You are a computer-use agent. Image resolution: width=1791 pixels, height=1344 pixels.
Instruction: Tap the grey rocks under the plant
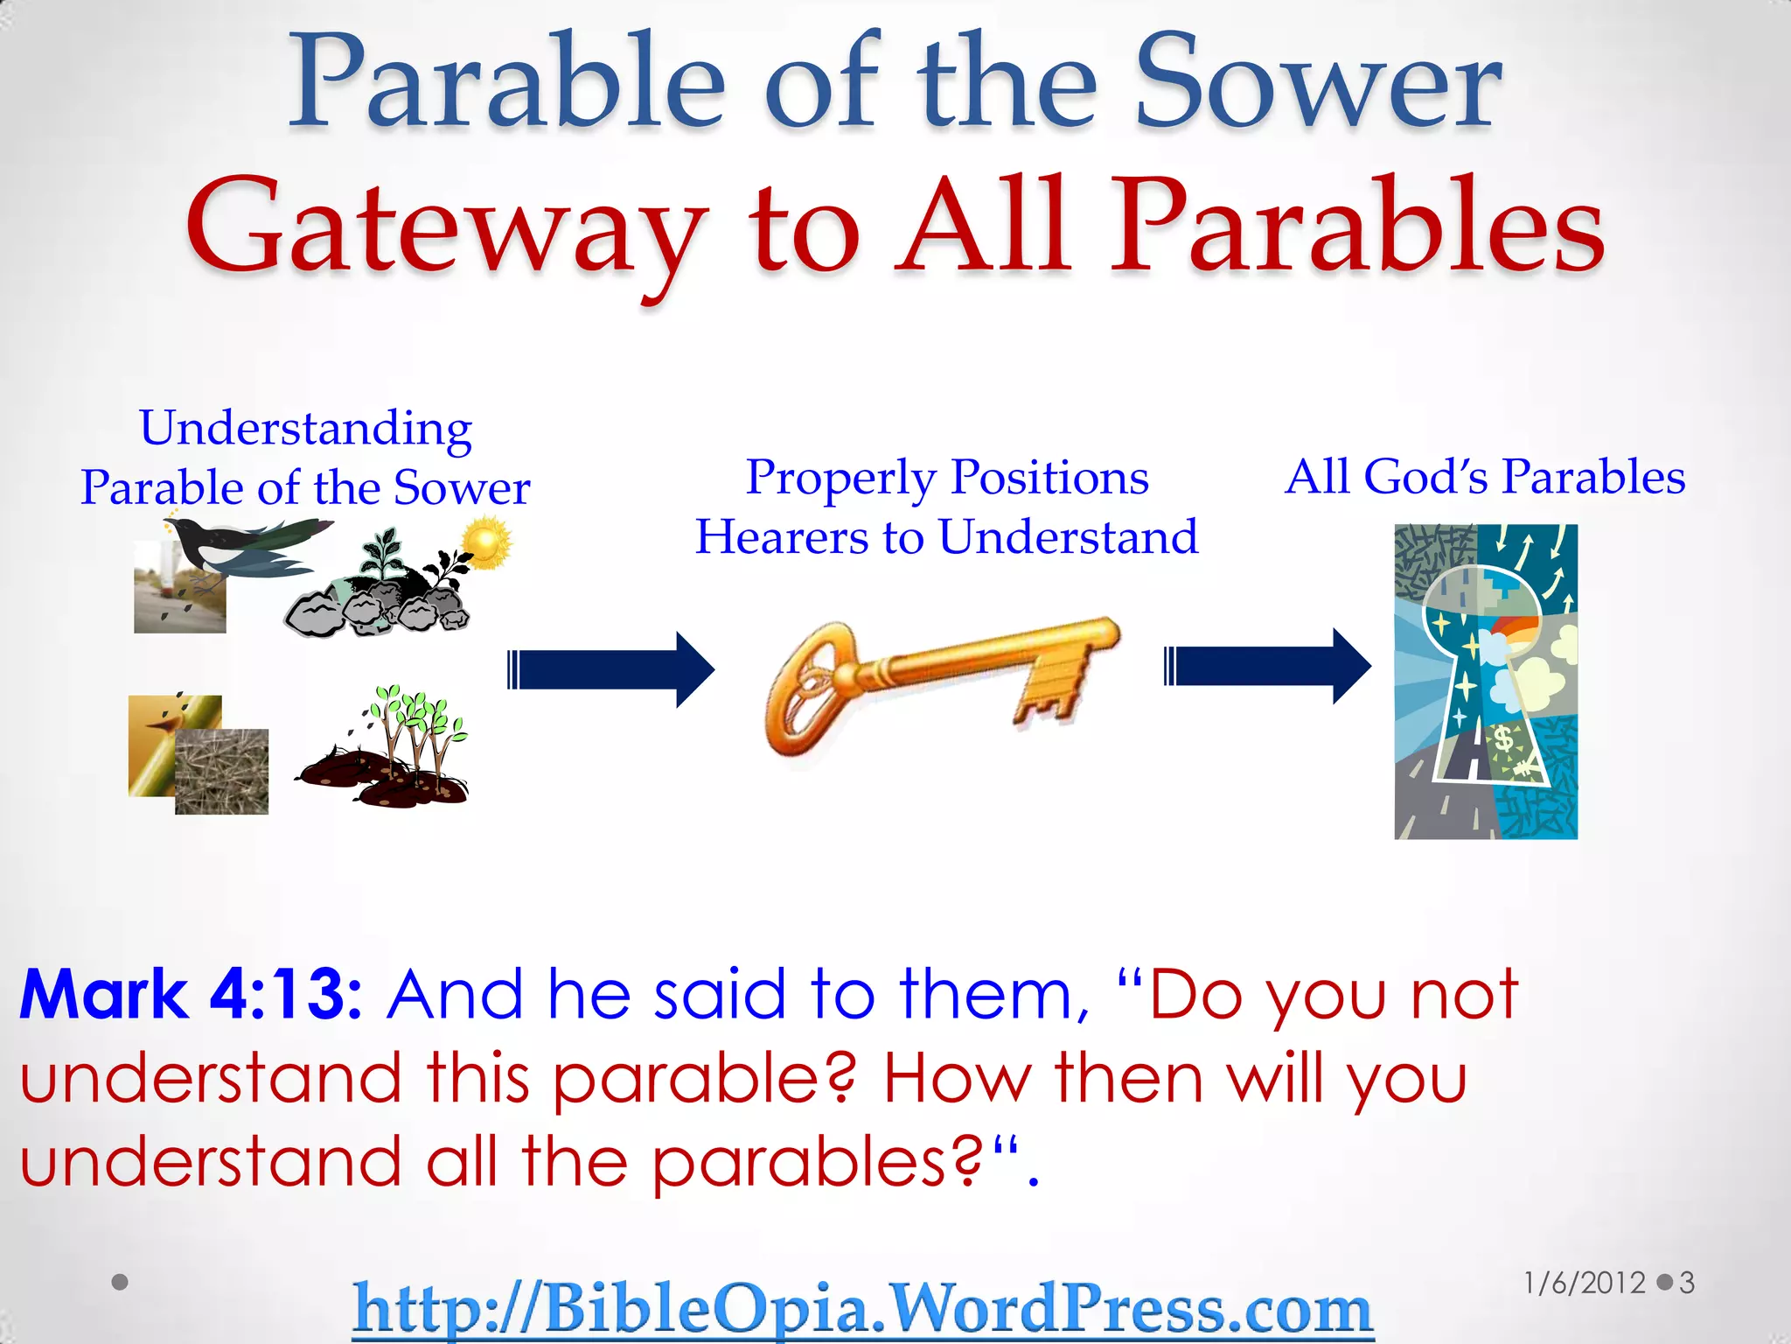coord(376,609)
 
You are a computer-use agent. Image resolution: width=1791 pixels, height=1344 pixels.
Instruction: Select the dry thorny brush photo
coord(222,772)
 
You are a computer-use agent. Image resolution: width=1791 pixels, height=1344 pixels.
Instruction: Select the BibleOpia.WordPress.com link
coord(862,1308)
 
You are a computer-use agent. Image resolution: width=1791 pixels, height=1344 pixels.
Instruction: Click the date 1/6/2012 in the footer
coord(1584,1283)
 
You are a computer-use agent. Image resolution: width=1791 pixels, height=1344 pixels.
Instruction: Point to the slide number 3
coord(1687,1283)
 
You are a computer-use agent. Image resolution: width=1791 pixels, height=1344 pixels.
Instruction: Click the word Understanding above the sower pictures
coord(305,429)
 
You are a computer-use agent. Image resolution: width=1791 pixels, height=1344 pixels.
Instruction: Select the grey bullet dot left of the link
coord(121,1282)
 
